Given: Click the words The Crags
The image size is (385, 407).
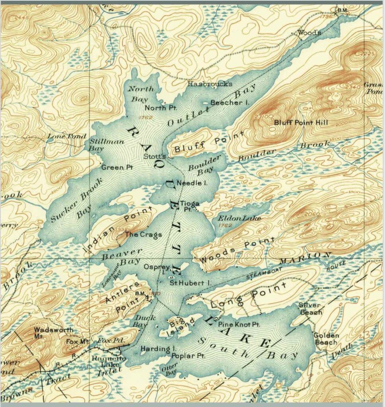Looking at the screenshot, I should coord(143,234).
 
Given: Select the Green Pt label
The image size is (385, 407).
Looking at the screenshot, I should coord(117,167).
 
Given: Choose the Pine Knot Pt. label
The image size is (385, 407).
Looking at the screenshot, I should coord(239,325).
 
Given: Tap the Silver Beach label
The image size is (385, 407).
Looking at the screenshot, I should coord(310,309).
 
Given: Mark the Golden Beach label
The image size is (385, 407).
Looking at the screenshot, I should coord(326,339).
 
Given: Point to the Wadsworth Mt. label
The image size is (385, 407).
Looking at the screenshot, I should coord(49,333).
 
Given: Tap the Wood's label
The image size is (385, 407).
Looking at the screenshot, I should coord(309,33).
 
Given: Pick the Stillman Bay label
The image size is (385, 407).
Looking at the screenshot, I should coord(102,145).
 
